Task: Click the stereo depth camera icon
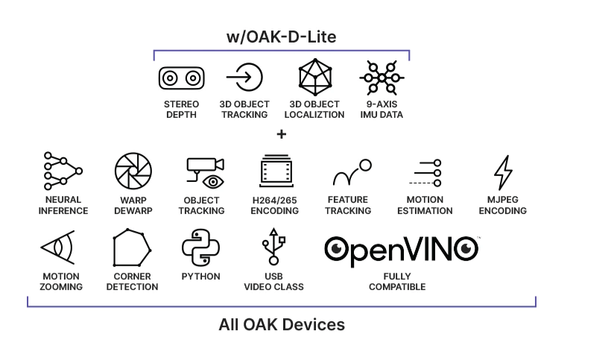181,77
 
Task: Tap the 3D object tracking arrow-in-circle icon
244,77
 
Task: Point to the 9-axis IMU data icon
382,77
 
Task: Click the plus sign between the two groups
281,135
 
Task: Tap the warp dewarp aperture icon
133,171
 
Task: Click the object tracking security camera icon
204,172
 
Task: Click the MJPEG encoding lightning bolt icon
502,172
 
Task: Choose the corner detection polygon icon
132,248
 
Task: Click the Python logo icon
201,248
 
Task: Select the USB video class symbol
273,248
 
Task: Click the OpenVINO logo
401,248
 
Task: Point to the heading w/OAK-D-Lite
281,37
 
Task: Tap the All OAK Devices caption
282,325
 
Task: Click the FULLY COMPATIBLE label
397,282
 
